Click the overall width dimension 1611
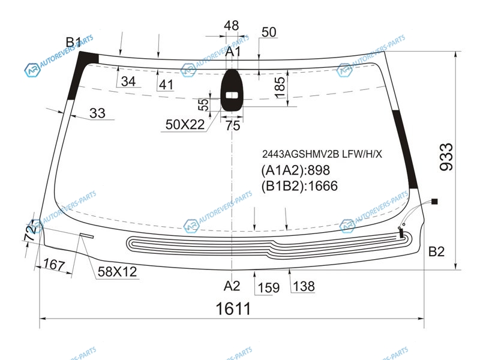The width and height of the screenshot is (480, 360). click(x=233, y=308)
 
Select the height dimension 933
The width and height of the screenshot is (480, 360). click(x=446, y=157)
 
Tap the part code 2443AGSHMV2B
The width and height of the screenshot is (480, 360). click(x=301, y=154)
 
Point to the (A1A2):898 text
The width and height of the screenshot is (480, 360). click(x=295, y=170)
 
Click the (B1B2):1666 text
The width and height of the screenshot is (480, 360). click(x=299, y=186)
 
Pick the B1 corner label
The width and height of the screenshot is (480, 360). click(x=74, y=42)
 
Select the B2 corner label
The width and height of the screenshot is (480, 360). click(x=436, y=251)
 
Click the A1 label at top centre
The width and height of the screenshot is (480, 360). click(x=233, y=52)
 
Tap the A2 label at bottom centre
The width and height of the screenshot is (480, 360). click(x=232, y=286)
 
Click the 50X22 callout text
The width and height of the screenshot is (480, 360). click(x=185, y=125)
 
